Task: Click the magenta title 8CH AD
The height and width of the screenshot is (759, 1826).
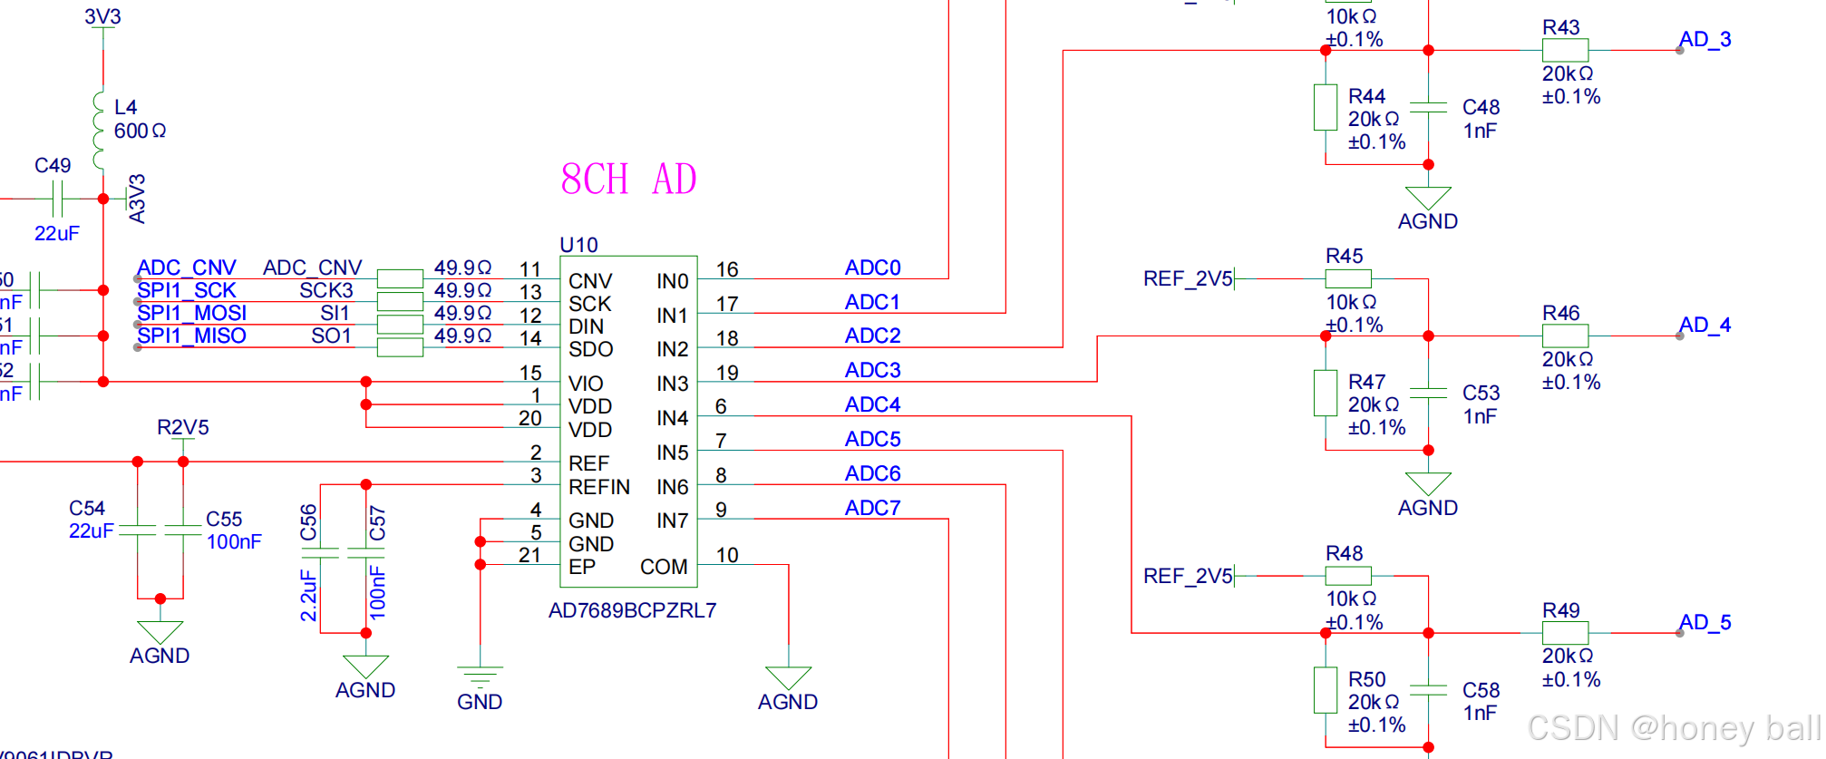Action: pos(628,180)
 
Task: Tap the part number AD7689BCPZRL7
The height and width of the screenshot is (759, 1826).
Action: pos(632,610)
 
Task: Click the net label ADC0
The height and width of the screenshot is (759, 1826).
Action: pos(872,268)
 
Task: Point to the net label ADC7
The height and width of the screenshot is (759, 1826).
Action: pos(872,508)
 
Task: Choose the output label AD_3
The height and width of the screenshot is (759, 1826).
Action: pos(1705,40)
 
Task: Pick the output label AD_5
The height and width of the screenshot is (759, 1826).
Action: pos(1705,622)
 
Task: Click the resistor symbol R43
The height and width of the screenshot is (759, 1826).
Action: pos(1565,51)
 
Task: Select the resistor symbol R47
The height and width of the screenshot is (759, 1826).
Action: pos(1326,393)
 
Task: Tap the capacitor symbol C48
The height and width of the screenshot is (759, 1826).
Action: pos(1428,107)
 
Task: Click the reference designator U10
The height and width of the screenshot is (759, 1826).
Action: pos(578,245)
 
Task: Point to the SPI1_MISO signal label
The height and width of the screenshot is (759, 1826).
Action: pos(191,336)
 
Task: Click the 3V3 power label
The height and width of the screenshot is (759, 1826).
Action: pos(102,16)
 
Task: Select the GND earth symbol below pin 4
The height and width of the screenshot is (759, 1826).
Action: pos(480,676)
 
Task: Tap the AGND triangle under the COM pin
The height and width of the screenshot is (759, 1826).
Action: pos(788,677)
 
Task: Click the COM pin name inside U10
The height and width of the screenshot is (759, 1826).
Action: pos(664,567)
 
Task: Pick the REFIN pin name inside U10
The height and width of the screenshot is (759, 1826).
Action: pos(598,487)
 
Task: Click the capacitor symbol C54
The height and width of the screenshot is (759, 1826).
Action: pos(138,530)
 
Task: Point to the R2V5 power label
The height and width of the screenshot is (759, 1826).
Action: pos(183,427)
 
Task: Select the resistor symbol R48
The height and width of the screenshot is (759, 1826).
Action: pos(1347,576)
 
